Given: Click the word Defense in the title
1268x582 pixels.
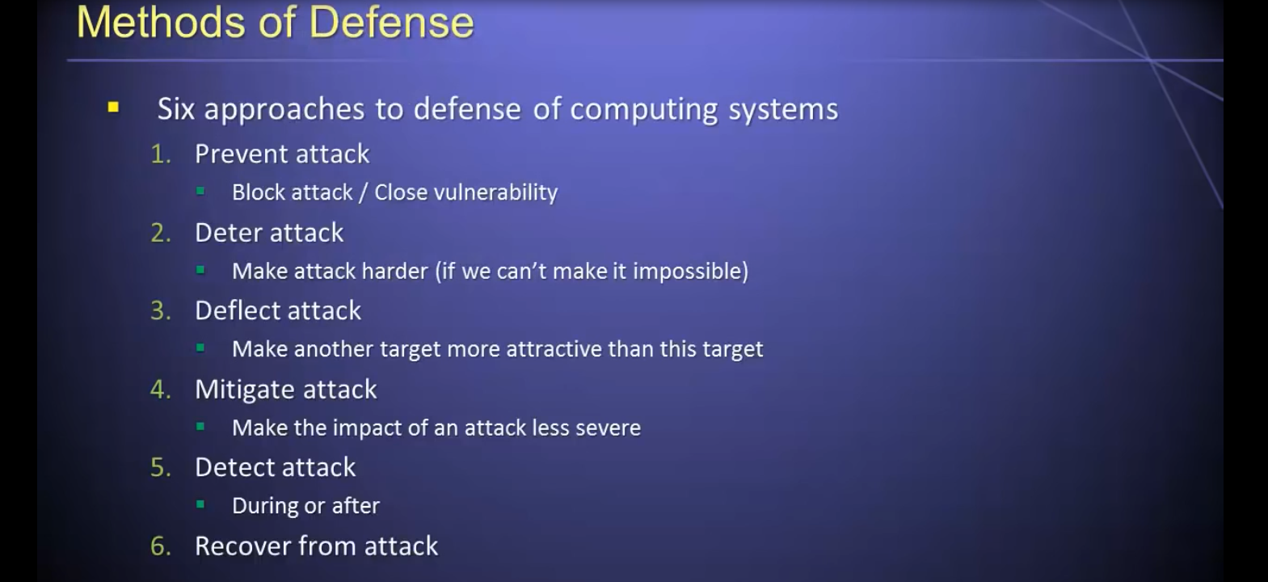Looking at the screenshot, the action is [x=392, y=23].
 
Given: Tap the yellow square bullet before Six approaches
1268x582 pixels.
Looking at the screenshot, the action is [x=113, y=107].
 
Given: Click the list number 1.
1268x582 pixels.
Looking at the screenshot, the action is [x=161, y=154].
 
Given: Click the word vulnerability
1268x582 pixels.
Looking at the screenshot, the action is [x=495, y=193].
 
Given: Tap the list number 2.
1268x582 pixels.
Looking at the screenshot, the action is [x=161, y=233].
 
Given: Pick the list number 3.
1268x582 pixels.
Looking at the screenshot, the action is [x=161, y=311].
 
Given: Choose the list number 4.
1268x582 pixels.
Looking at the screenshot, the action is [x=161, y=390].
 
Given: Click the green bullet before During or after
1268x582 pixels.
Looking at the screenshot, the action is [x=200, y=504].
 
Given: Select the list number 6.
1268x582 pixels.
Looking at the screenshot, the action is [x=161, y=546].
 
